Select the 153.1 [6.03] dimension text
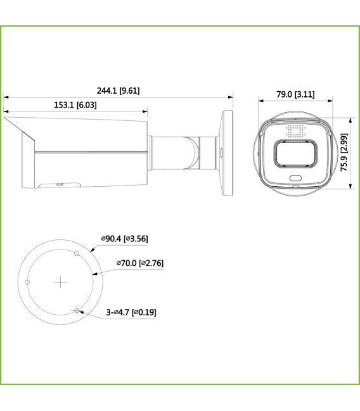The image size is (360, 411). click(75, 105)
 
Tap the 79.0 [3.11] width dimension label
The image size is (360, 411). click(295, 94)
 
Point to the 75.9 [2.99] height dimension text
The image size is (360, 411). click(344, 153)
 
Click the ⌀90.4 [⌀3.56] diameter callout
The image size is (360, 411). click(125, 239)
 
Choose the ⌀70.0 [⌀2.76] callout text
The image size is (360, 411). click(141, 262)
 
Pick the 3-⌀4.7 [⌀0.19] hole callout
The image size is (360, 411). click(131, 312)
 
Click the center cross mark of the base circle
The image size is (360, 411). click(60, 282)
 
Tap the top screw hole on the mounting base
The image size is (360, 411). click(77, 254)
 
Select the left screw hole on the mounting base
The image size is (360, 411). click(27, 282)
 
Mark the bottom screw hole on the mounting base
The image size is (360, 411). click(77, 310)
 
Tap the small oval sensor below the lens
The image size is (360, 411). click(295, 178)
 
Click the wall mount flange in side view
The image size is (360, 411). click(227, 153)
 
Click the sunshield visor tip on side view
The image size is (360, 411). click(6, 118)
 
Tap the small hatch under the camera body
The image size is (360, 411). click(58, 184)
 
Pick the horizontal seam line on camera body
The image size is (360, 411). click(89, 153)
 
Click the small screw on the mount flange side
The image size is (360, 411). click(221, 152)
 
